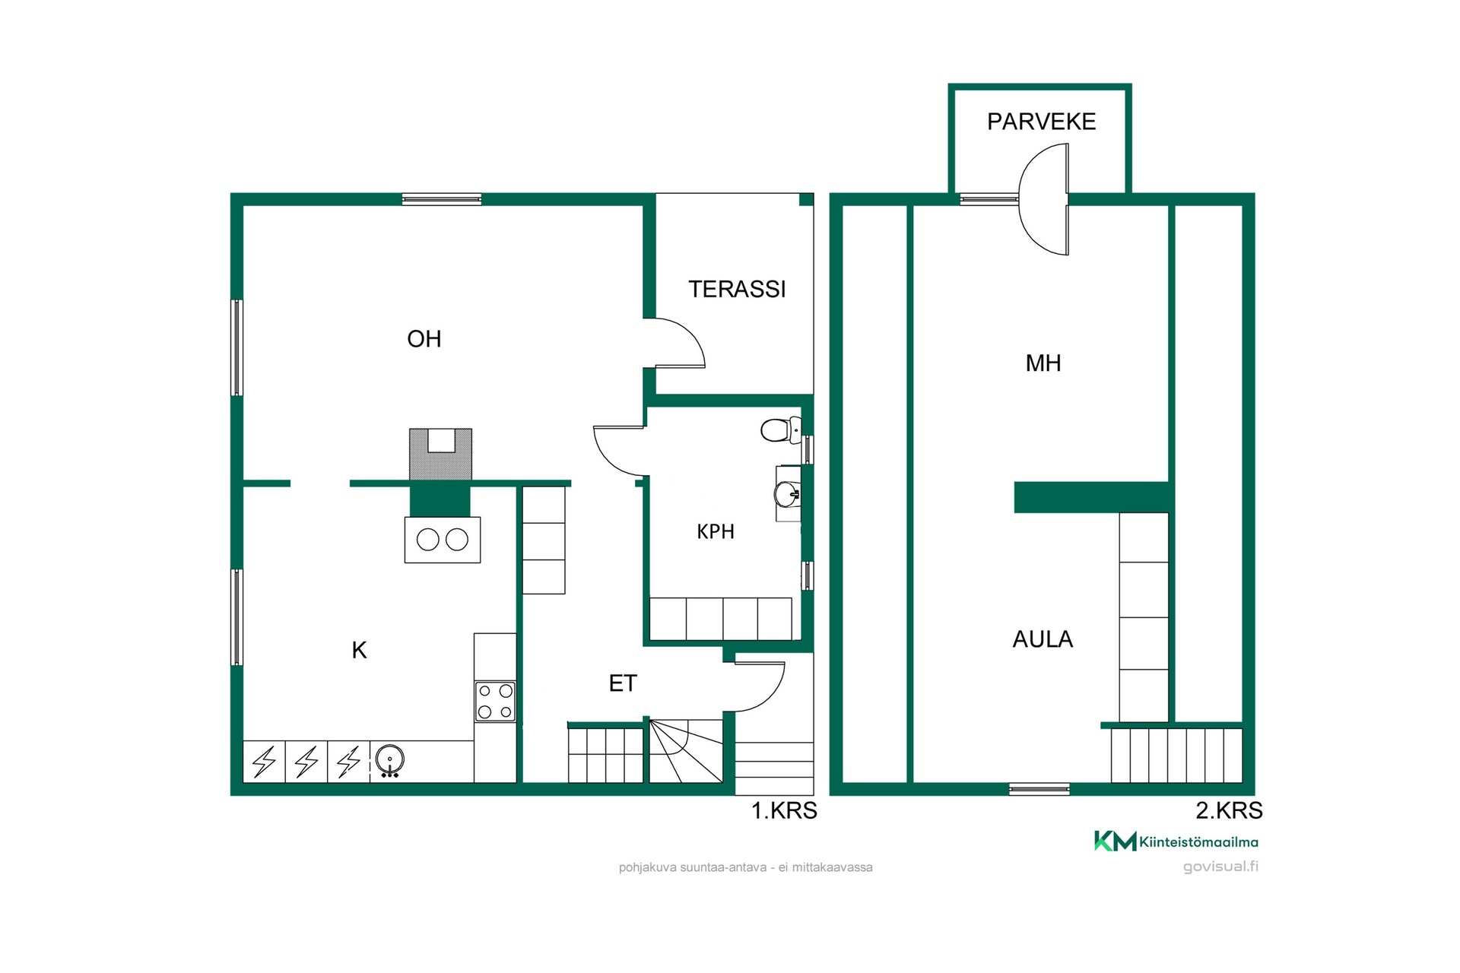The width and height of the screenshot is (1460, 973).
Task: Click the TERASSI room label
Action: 737,289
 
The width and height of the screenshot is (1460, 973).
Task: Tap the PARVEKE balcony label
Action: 1041,122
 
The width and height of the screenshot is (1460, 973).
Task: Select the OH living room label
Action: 424,338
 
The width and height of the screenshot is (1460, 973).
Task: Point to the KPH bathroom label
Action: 716,531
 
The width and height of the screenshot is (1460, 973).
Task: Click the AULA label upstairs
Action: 1043,639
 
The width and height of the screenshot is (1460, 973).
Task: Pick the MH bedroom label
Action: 1043,363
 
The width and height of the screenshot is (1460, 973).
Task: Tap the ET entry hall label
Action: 623,683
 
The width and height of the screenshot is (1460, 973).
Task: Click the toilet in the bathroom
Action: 781,430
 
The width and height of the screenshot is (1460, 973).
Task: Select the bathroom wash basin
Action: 788,494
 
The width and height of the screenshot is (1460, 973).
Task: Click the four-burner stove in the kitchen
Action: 495,701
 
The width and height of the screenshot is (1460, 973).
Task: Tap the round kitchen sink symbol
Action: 389,759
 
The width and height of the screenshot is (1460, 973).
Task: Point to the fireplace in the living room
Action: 440,455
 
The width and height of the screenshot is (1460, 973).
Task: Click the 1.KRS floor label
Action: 784,811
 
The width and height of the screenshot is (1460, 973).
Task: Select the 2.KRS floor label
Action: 1229,811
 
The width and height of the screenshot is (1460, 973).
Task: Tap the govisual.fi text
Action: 1220,867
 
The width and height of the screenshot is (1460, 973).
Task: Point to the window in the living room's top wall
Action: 442,200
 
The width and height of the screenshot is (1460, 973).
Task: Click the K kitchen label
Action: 359,650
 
